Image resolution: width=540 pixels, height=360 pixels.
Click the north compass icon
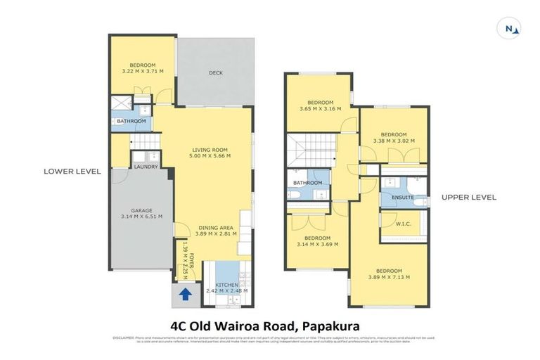pos(512,28)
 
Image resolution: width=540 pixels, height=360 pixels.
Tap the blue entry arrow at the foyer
pos(186,294)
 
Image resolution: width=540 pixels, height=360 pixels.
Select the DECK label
pos(215,72)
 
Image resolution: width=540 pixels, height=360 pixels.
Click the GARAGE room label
pos(141,210)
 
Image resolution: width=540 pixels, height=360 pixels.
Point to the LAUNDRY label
pos(146,167)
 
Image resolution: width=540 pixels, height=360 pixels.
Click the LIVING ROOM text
pos(212,149)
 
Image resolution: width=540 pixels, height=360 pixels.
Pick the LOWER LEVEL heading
pos(72,171)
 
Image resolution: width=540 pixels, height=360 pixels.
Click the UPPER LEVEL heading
pos(468,198)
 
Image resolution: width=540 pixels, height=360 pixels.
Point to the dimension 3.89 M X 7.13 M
pos(389,278)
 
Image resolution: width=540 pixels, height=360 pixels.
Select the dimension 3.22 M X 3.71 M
pos(141,71)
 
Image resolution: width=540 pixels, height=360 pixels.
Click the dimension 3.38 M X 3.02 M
pos(394,141)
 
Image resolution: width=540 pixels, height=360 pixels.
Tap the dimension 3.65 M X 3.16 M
pos(320,109)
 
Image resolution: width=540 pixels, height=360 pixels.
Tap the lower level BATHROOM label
pos(131,122)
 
